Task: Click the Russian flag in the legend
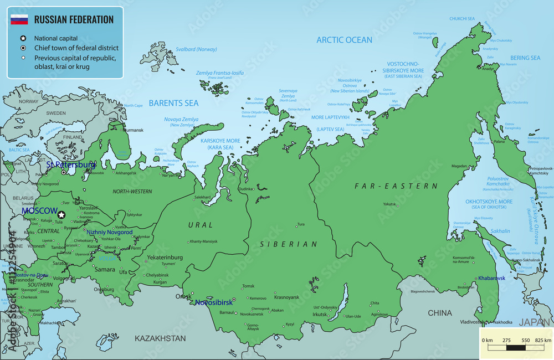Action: (x=19, y=20)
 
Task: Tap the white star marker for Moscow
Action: (x=61, y=214)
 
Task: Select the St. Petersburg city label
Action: (x=71, y=164)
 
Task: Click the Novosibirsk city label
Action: (x=214, y=302)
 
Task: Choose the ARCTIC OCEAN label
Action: (x=344, y=40)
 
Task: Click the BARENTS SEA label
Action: (x=173, y=103)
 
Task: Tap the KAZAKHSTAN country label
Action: (x=161, y=338)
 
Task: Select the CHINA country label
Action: (x=439, y=313)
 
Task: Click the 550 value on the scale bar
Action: (x=525, y=340)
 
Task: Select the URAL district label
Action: (x=200, y=225)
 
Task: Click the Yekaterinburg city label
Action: (x=165, y=258)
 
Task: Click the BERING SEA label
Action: (x=525, y=58)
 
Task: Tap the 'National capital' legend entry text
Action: (x=56, y=39)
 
